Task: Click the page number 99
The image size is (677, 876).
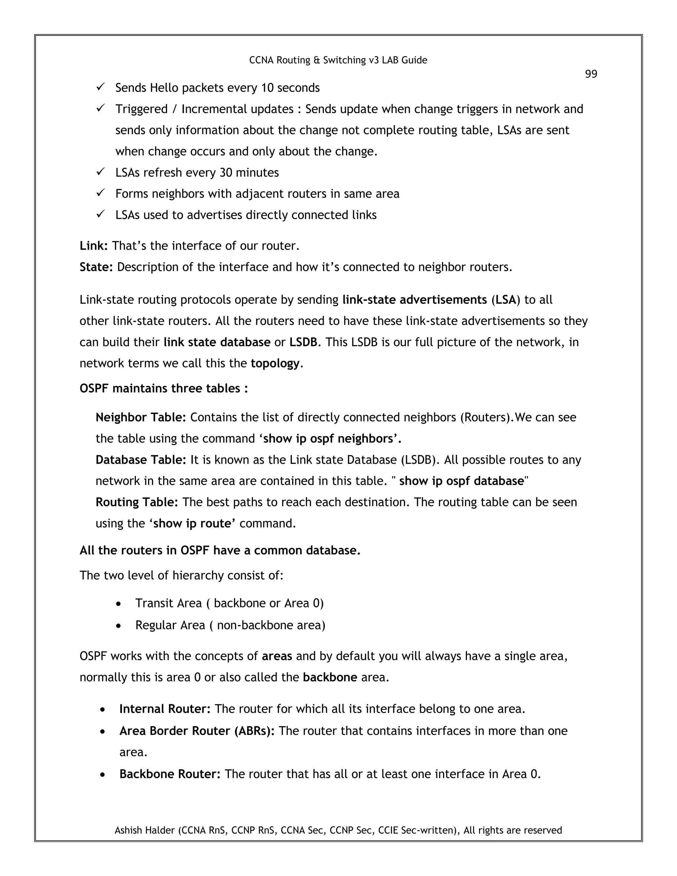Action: [591, 74]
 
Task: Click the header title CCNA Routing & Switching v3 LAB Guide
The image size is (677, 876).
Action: [338, 60]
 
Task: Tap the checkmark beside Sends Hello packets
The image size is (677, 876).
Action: [100, 87]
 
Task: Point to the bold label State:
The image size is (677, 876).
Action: [96, 267]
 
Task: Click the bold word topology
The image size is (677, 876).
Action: [275, 363]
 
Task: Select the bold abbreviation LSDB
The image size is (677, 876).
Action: [303, 342]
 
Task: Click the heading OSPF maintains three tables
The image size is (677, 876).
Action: [164, 388]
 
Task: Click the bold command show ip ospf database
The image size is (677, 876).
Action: [461, 481]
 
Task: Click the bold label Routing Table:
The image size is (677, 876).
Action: [137, 502]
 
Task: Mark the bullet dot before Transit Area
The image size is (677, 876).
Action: [118, 604]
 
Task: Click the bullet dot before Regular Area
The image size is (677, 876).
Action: [118, 626]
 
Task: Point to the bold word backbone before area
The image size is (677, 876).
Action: [330, 677]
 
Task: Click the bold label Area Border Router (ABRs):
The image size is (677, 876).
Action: [197, 731]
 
